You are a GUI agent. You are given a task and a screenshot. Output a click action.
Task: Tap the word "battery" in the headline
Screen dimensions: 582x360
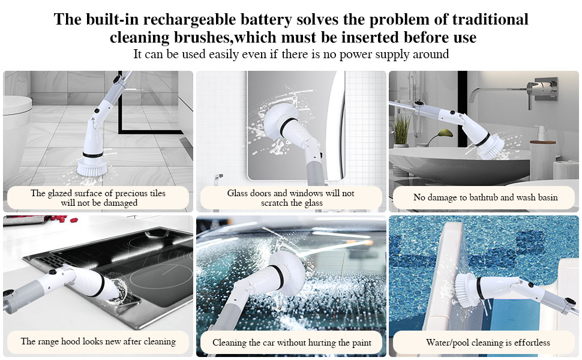265,20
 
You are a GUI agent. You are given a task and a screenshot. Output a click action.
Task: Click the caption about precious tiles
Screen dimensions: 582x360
98,198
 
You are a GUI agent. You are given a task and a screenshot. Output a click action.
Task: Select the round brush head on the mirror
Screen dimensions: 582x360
281,121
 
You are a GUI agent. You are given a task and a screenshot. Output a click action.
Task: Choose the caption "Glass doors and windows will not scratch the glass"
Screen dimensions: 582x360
291,198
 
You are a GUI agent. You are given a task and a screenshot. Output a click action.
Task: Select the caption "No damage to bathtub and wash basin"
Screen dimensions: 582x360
485,197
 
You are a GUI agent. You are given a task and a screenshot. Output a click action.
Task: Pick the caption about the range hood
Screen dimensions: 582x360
98,341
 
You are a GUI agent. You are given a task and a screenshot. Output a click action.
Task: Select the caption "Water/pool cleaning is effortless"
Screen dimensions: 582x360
488,343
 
